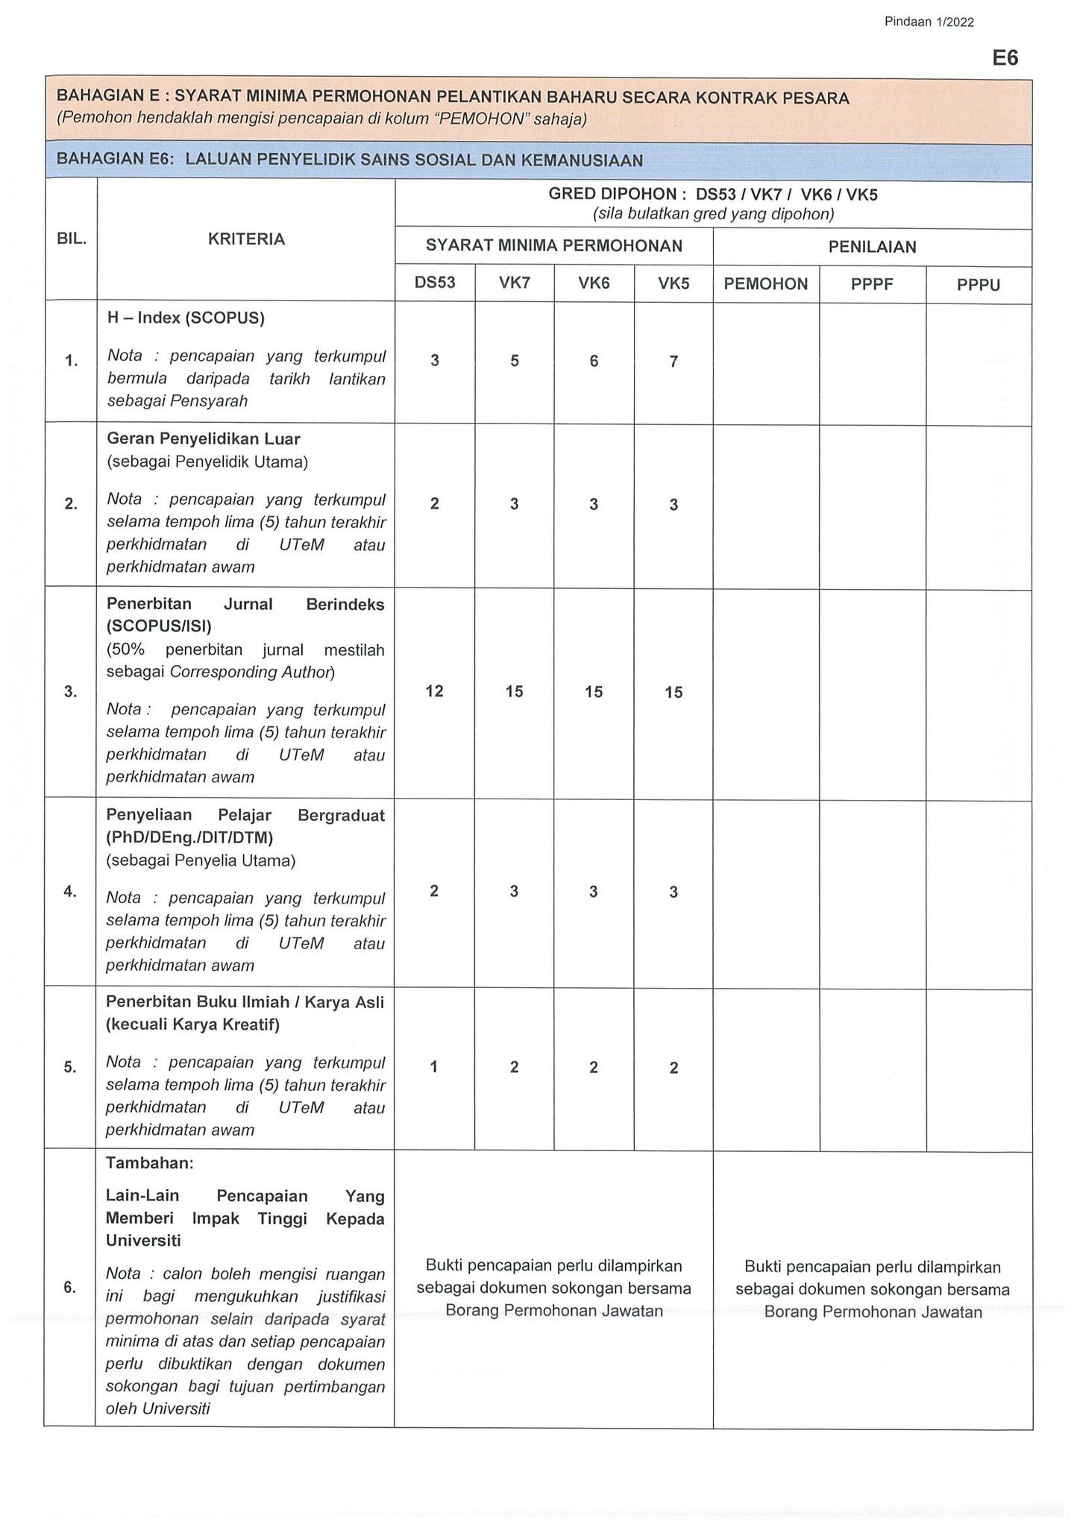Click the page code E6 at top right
(1005, 58)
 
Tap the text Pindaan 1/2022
(929, 22)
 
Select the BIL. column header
(72, 239)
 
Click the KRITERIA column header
(246, 239)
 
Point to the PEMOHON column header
(766, 284)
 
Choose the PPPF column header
(872, 284)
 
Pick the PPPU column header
(978, 285)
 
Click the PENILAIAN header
(872, 247)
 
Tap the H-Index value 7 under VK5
(674, 362)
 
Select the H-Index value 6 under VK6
(594, 362)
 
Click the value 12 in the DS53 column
(434, 691)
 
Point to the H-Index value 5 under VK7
(515, 362)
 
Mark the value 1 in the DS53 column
(434, 1067)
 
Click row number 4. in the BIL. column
(70, 891)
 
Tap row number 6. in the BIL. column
(70, 1287)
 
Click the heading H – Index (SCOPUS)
(186, 318)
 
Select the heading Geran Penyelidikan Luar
(203, 438)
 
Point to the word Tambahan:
(149, 1163)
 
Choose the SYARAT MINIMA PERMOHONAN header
(553, 245)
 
